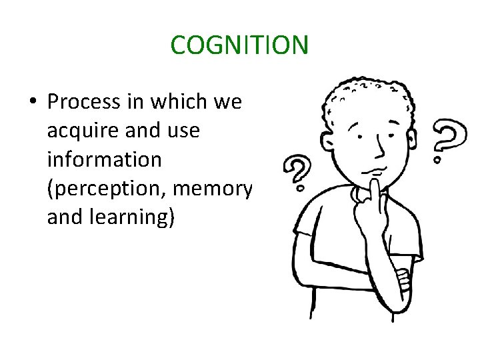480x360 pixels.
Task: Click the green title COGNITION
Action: [239, 45]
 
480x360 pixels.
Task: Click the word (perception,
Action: [107, 189]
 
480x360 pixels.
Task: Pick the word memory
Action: [211, 189]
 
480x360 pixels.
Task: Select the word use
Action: [181, 131]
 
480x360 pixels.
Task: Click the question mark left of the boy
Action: [297, 172]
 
